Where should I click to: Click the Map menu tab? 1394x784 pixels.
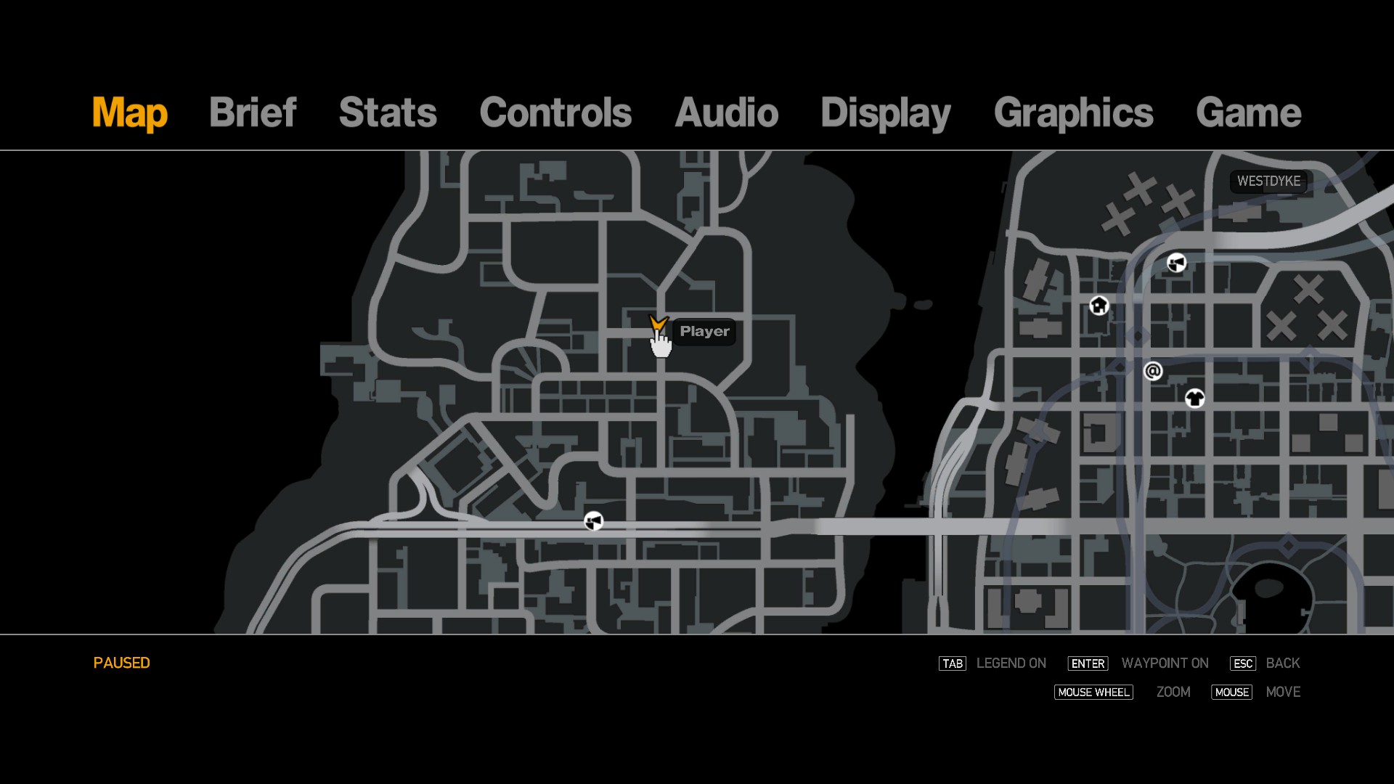coord(129,113)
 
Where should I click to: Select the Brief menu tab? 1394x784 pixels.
coord(253,113)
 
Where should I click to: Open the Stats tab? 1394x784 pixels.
coord(388,113)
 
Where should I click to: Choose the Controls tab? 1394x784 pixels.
coord(555,113)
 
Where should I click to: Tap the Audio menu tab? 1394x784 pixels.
coord(726,113)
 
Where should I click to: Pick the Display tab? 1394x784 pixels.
coord(885,113)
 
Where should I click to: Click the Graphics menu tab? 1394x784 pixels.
coord(1073,113)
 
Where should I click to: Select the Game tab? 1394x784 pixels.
coord(1248,113)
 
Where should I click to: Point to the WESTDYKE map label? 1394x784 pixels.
coord(1268,181)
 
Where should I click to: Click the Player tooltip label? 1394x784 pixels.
coord(704,332)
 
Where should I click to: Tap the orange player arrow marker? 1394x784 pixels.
coord(658,323)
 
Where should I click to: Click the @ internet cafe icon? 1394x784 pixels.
coord(1153,372)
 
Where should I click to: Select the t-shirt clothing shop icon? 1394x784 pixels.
coord(1194,398)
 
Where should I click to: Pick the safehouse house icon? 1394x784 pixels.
coord(1099,306)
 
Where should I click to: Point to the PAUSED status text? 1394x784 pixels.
coord(121,663)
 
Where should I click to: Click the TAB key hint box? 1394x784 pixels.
coord(952,663)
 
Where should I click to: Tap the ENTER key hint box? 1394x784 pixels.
coord(1088,663)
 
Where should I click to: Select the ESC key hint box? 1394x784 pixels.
coord(1242,663)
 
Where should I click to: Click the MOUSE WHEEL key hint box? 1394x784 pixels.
coord(1093,693)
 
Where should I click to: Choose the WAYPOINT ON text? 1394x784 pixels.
coord(1165,663)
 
